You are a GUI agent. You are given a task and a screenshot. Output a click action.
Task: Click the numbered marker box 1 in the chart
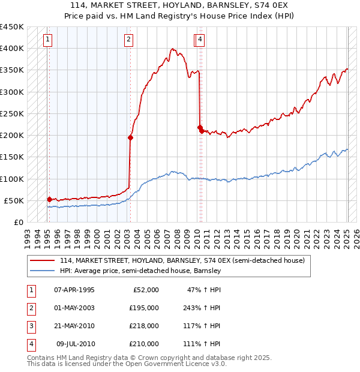(47, 40)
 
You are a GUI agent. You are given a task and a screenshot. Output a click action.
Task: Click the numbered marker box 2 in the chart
(128, 40)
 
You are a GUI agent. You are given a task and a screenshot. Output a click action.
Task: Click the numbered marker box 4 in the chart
(200, 40)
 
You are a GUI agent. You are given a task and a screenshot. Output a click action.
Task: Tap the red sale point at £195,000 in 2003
(130, 137)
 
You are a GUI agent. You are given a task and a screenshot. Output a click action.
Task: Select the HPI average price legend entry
(140, 271)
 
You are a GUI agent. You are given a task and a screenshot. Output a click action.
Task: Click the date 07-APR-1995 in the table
(74, 290)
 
